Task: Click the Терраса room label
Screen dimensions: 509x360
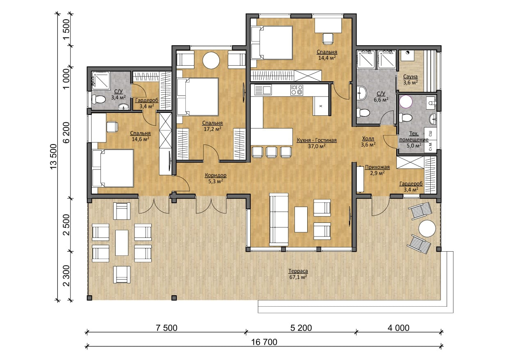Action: click(x=298, y=271)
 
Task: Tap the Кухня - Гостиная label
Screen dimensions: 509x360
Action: click(x=317, y=140)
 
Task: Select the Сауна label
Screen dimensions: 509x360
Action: click(x=411, y=77)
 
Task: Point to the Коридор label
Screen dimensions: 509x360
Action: click(x=216, y=175)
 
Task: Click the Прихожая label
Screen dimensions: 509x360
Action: click(x=377, y=167)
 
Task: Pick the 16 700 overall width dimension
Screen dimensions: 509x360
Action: click(x=264, y=342)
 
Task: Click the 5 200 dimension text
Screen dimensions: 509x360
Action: click(x=301, y=328)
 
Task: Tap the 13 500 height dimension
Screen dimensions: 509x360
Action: click(x=54, y=156)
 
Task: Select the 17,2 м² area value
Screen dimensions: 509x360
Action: click(x=212, y=129)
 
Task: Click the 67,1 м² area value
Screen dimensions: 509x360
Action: click(x=298, y=277)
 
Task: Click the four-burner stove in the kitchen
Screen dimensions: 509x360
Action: click(x=297, y=90)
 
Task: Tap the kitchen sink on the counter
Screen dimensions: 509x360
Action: click(x=263, y=89)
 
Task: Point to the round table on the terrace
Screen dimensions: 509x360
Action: click(x=427, y=229)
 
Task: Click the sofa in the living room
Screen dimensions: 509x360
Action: click(x=279, y=220)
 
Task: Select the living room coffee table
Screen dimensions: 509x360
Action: click(x=301, y=219)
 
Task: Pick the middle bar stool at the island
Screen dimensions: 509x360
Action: click(x=272, y=152)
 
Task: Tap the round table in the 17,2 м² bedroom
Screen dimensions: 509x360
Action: click(x=211, y=60)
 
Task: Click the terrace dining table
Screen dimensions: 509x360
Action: click(x=122, y=243)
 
